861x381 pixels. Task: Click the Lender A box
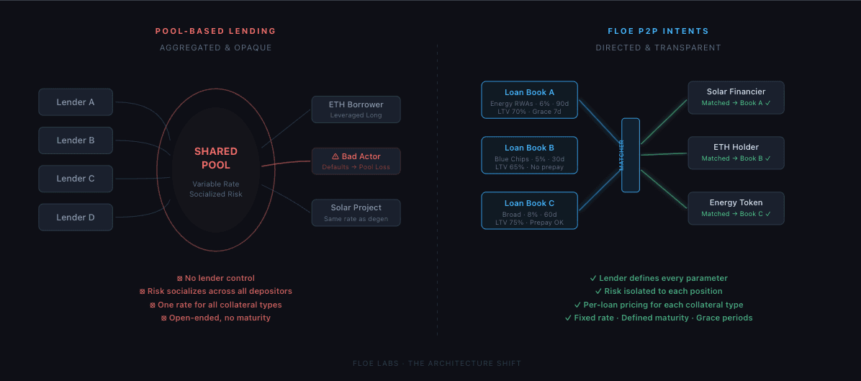click(76, 102)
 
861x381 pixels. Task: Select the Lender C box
click(76, 179)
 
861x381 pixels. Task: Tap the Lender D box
click(76, 217)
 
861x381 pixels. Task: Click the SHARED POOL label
click(216, 158)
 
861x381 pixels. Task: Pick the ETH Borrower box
click(356, 109)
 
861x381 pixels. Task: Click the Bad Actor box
click(356, 161)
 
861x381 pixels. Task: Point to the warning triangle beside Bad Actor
click(335, 156)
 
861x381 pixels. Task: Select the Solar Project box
click(356, 212)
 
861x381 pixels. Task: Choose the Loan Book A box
click(529, 99)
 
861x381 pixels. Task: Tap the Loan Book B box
click(529, 155)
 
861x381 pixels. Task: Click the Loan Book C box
click(529, 210)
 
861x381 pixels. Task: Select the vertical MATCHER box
click(631, 155)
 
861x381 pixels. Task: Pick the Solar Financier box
click(736, 97)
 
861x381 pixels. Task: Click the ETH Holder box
click(736, 152)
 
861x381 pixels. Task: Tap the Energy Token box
click(736, 207)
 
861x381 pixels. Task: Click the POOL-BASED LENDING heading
click(216, 31)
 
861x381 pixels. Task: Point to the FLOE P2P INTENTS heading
click(658, 31)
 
